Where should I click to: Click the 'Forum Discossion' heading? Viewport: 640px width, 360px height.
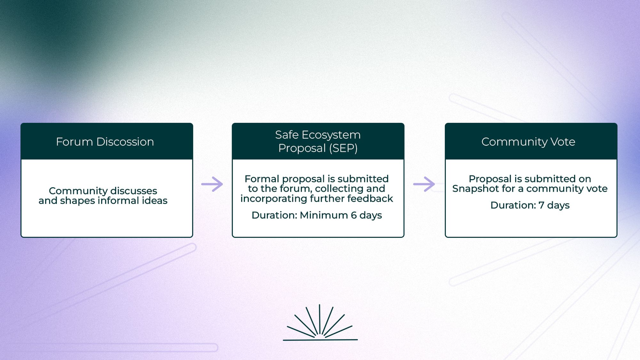[x=105, y=142]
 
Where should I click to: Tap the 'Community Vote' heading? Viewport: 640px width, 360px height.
[x=528, y=142]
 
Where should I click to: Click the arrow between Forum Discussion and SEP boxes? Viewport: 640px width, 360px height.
[x=212, y=184]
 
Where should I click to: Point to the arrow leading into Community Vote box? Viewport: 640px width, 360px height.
[x=424, y=184]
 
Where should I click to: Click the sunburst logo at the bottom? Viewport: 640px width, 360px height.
[x=320, y=323]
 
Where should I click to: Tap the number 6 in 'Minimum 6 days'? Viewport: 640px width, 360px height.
[x=354, y=215]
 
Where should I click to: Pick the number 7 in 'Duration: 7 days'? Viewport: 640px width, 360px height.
[x=541, y=205]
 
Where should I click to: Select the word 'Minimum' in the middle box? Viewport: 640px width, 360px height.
[x=324, y=215]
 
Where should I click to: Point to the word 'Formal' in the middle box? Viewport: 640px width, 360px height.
[x=262, y=179]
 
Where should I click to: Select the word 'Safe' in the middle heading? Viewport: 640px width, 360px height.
[x=287, y=135]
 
